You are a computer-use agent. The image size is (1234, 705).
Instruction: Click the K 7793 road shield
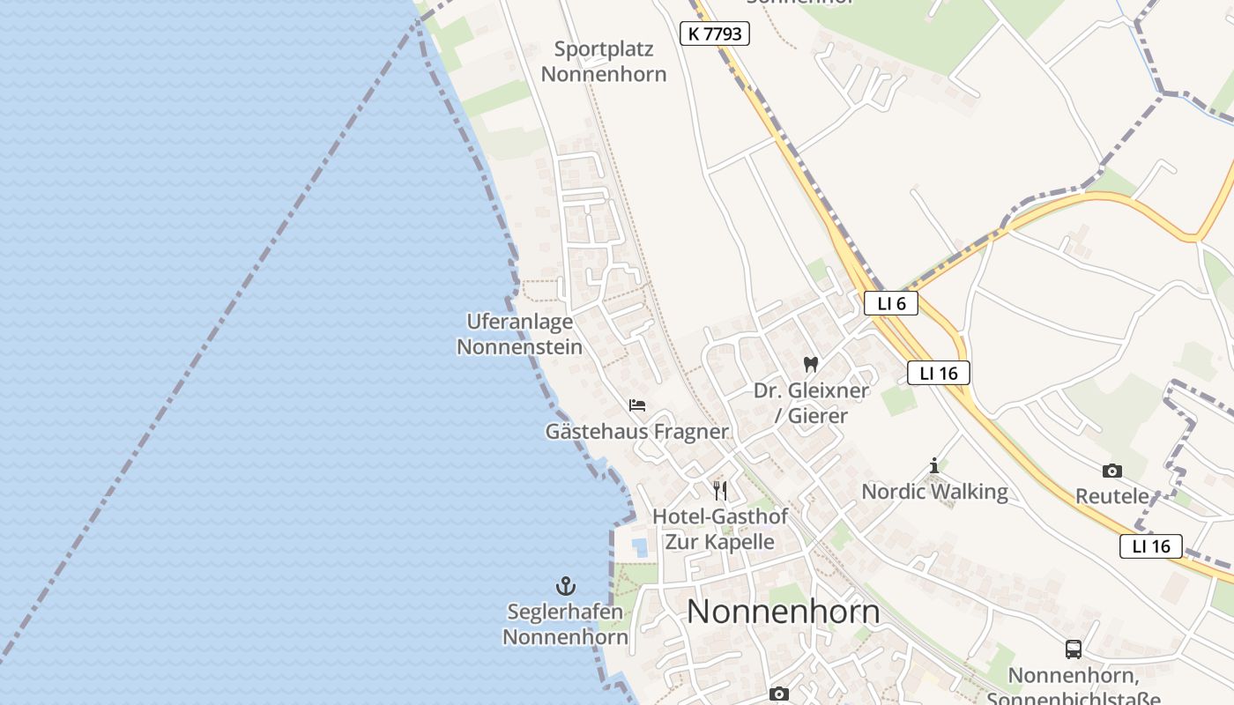click(715, 34)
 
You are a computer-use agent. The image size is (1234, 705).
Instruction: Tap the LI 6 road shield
click(890, 303)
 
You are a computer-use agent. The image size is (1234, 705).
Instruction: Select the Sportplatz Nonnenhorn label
click(604, 62)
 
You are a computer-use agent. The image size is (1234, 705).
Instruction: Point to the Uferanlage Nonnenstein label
click(519, 334)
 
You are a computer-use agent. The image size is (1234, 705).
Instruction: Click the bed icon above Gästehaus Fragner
click(637, 405)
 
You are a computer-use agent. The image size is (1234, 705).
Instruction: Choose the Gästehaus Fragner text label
click(636, 432)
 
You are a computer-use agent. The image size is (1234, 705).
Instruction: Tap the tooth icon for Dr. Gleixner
click(811, 364)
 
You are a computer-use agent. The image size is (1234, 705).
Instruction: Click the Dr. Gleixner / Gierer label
click(811, 403)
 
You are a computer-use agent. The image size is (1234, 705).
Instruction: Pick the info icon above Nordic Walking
click(934, 465)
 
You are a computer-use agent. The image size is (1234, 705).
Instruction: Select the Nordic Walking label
click(934, 492)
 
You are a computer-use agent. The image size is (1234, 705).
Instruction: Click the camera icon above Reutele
click(1112, 471)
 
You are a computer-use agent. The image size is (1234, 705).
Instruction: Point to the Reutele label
click(1112, 496)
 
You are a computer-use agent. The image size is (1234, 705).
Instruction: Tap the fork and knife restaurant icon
click(720, 491)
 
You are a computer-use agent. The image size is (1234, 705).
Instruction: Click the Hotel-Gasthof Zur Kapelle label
click(720, 529)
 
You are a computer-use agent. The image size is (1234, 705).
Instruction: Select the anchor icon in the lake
click(565, 586)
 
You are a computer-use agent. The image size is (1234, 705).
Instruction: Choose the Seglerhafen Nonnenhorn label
click(564, 624)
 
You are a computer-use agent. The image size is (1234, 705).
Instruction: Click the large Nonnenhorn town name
click(783, 612)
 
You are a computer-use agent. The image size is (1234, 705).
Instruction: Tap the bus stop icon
click(1074, 649)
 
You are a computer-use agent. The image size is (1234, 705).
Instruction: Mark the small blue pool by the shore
click(640, 547)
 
